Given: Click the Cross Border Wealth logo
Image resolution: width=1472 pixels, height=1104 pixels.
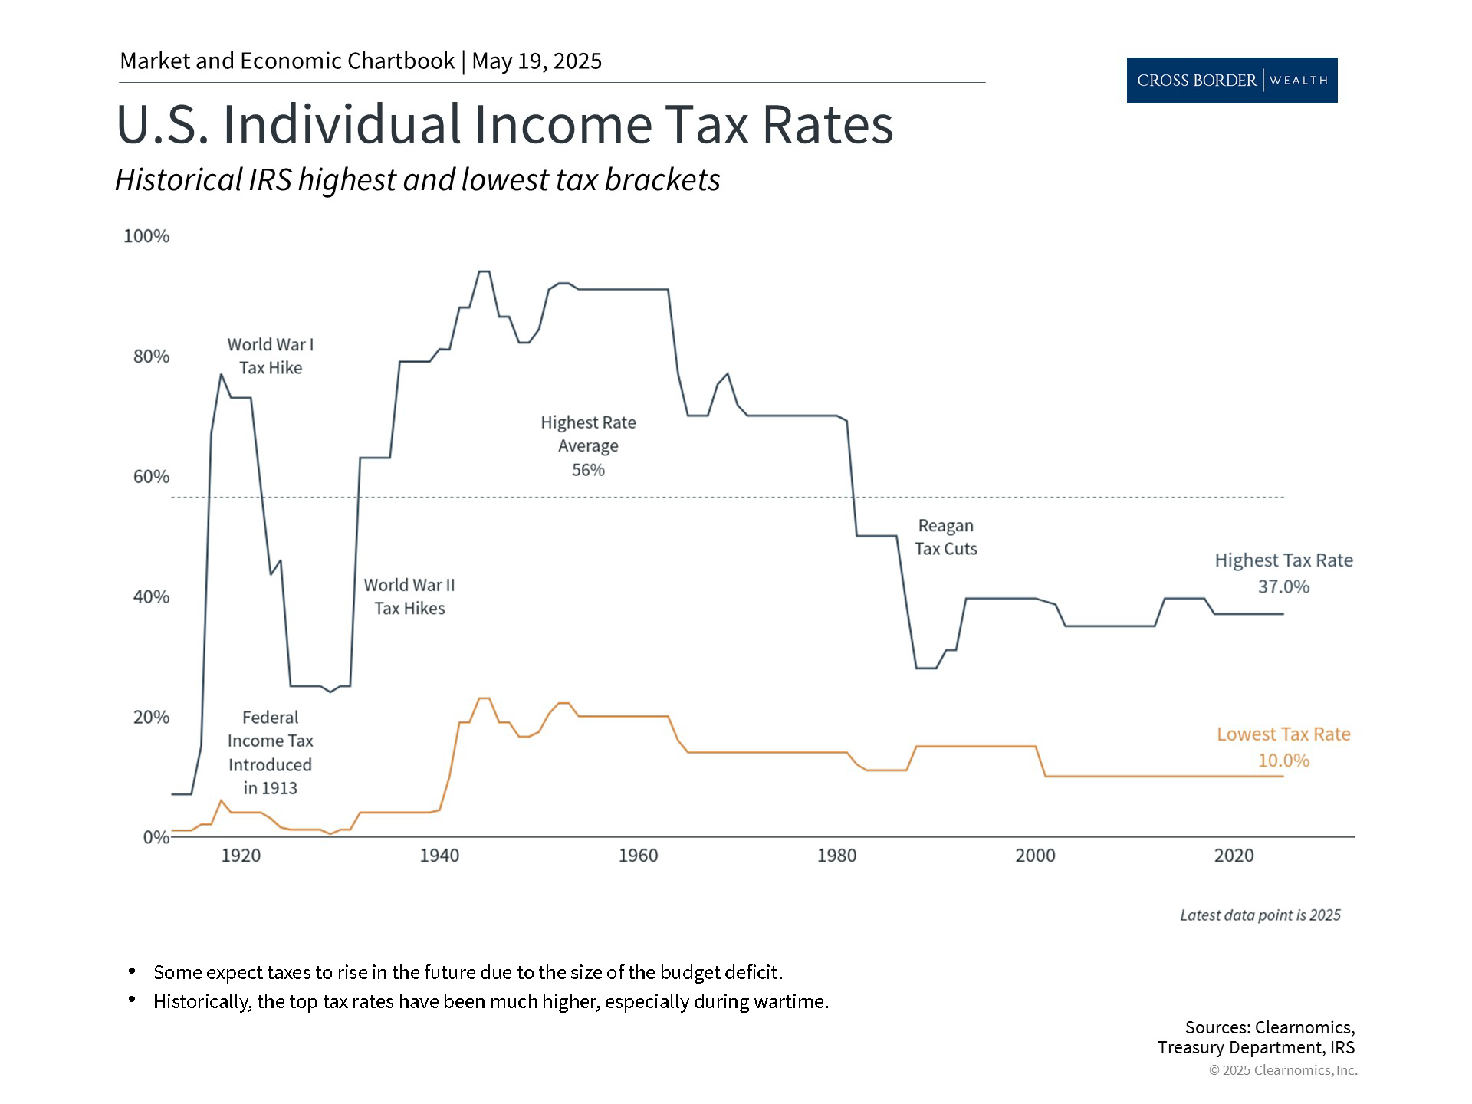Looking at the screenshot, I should point(1231,80).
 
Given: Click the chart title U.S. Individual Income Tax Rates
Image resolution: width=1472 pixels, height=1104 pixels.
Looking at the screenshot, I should point(504,124).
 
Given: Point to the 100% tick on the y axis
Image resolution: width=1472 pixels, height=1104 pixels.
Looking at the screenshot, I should point(146,236).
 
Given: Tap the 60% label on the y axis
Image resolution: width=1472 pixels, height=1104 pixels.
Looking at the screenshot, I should point(151,477).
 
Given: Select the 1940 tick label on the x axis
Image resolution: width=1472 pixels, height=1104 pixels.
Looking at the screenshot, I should point(439,856).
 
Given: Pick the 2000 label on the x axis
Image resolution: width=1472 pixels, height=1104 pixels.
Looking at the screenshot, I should point(1035,856).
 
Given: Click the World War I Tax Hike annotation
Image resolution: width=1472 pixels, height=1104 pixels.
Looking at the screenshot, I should point(271,356).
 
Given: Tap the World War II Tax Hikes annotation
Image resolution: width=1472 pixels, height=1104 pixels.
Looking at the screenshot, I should point(409,596).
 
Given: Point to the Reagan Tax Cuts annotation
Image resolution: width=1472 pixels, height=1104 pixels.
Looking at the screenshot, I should point(945,537).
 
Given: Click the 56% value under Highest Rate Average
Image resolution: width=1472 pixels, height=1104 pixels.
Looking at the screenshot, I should point(588,470).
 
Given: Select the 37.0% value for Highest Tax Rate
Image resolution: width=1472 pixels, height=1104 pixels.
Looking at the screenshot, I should point(1283,586).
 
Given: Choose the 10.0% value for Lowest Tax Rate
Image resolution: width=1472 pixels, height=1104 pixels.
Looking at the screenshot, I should point(1283,761).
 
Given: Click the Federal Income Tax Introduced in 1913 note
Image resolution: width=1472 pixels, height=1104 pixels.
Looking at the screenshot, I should point(270,752).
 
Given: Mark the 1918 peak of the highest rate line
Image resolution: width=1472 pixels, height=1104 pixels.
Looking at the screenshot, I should point(221,374).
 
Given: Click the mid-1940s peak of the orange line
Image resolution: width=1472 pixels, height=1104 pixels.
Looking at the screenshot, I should point(484,698).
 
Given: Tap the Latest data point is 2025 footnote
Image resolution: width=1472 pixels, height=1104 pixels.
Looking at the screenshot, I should point(1260,915).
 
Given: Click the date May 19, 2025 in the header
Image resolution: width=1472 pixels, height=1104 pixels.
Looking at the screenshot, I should point(537,61).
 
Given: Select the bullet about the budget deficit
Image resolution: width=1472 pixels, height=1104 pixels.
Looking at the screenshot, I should point(468,972).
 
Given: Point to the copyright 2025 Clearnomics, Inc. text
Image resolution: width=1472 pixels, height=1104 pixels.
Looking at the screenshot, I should point(1283,1070).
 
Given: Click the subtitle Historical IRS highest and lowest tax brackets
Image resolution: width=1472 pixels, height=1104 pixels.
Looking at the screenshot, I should point(418,180).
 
